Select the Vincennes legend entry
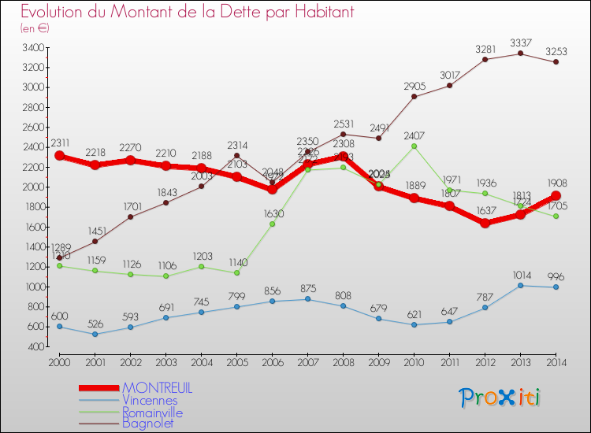pos(150,400)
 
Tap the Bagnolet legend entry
pos(148,424)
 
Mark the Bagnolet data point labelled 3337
pos(520,54)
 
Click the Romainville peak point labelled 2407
pos(414,146)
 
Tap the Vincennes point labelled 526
pos(95,334)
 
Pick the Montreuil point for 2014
pos(556,195)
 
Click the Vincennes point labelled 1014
pos(520,285)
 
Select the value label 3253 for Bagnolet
pos(556,48)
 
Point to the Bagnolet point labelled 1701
pos(130,216)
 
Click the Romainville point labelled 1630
pos(272,224)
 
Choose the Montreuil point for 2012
pos(485,223)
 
